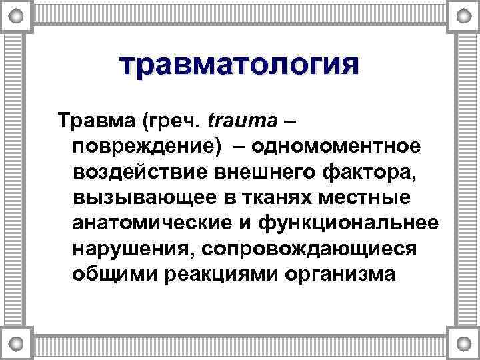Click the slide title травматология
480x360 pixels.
click(x=239, y=66)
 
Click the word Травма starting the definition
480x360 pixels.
click(x=96, y=122)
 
